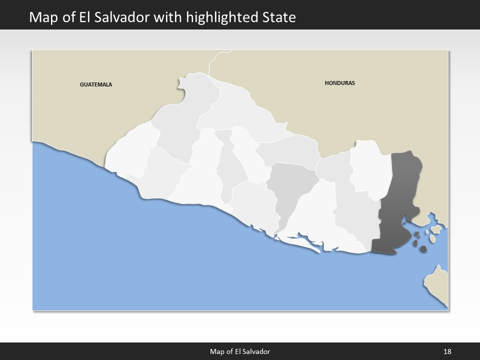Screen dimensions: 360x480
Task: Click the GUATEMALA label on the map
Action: (x=96, y=84)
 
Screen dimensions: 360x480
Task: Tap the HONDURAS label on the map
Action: (x=339, y=83)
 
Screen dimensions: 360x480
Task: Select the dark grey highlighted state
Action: (x=400, y=200)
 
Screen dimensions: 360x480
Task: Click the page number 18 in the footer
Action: (x=447, y=351)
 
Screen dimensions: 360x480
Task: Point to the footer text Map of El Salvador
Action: (x=240, y=351)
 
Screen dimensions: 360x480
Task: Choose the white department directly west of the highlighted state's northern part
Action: (x=370, y=167)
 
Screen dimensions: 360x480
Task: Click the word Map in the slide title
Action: (x=41, y=17)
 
